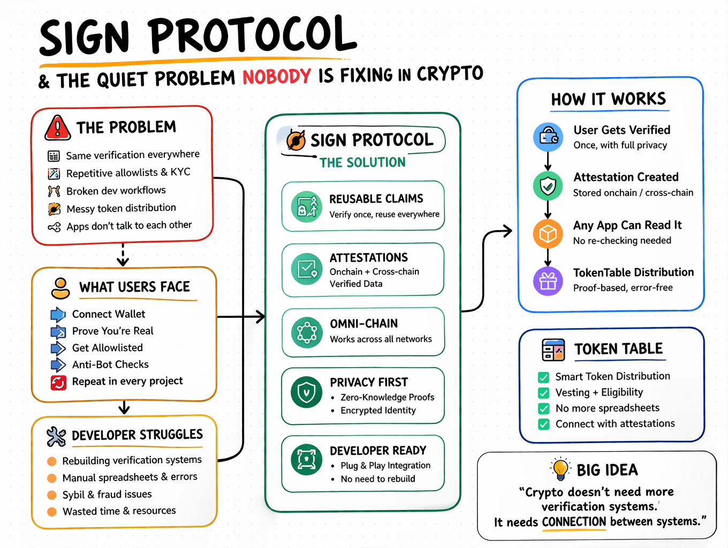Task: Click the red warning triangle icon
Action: click(57, 128)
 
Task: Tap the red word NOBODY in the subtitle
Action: click(276, 77)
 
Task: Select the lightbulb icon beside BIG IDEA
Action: click(560, 469)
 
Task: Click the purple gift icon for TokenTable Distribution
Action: click(548, 281)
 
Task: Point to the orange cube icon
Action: click(548, 234)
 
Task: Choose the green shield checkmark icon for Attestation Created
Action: click(548, 186)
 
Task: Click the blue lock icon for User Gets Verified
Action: click(548, 137)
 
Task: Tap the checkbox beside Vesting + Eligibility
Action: click(544, 393)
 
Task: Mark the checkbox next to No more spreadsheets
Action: click(544, 409)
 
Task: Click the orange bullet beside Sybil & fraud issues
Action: click(52, 495)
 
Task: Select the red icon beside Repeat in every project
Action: click(58, 382)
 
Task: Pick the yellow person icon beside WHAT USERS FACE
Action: click(60, 288)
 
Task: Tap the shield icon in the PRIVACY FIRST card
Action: click(306, 393)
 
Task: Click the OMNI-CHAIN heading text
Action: click(363, 324)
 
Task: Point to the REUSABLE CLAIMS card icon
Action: click(307, 206)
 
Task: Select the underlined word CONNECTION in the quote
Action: click(574, 522)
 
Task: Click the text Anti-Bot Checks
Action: click(110, 364)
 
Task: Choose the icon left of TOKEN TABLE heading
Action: click(553, 350)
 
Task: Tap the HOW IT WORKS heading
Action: click(609, 99)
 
